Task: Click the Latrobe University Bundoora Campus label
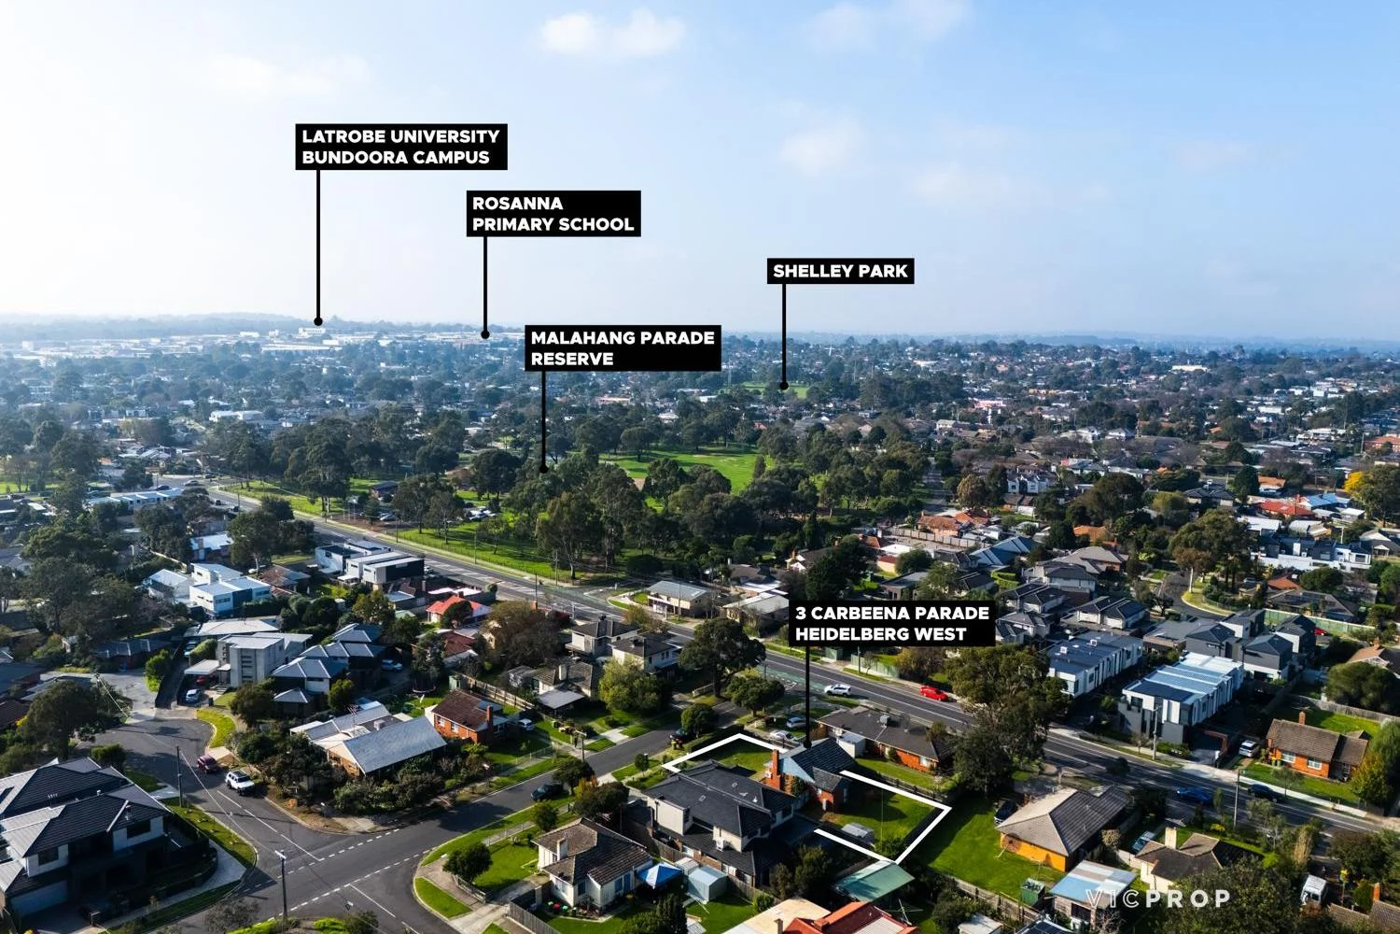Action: pos(401,147)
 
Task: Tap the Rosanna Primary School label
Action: pos(553,213)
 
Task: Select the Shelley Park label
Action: pos(840,271)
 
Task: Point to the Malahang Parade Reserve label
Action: pos(623,347)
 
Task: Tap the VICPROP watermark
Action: pos(1157,899)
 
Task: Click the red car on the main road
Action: pos(933,692)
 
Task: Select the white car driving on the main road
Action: pos(837,690)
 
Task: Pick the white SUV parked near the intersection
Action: pos(240,782)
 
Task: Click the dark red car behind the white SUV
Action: pos(208,763)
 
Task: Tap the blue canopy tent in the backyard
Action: pos(659,874)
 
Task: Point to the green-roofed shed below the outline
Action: pos(874,881)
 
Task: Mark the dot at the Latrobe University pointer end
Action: pos(318,321)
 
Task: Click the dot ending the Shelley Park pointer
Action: pos(784,386)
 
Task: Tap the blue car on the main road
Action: pos(1193,795)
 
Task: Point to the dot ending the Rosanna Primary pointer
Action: pos(485,334)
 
